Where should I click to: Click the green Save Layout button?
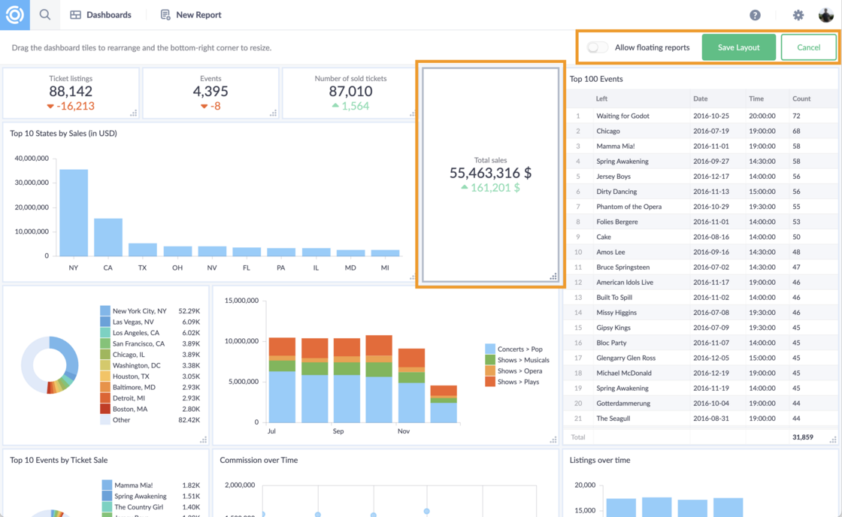738,47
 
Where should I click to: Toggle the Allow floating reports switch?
597,47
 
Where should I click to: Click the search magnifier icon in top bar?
45,15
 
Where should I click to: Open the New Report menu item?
191,15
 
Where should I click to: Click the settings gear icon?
798,15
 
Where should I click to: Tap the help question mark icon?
755,15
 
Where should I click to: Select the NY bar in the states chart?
74,213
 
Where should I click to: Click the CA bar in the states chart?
108,237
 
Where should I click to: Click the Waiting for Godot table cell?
622,116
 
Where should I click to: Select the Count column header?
801,98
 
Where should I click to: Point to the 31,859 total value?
802,437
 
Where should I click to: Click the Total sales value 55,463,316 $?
490,173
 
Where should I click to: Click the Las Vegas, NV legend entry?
133,322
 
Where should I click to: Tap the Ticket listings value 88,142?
71,91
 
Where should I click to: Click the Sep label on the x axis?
338,431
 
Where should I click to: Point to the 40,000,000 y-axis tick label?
31,159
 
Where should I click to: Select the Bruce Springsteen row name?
622,267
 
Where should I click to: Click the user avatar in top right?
825,15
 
